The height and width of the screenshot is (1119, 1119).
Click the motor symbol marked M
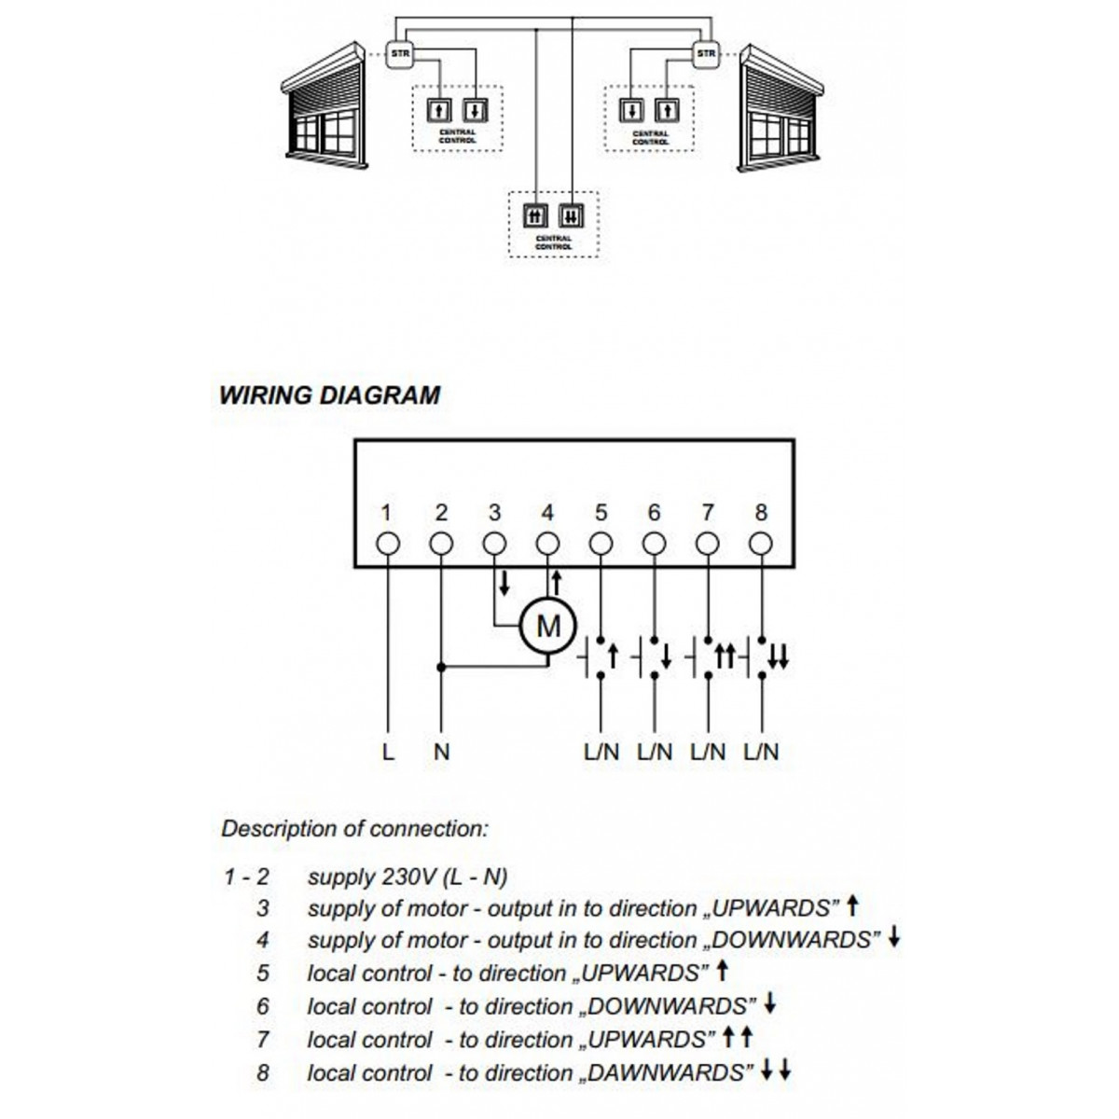coord(548,626)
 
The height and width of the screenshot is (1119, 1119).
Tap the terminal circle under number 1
coord(388,543)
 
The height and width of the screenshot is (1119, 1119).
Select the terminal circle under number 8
coord(761,543)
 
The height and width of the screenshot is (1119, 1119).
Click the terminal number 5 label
coord(601,512)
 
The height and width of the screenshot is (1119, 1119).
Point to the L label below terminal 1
coord(388,752)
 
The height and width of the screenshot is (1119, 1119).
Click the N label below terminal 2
coord(441,752)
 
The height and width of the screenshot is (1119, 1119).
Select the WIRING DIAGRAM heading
coord(329,394)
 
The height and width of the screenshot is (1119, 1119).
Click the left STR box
coord(398,53)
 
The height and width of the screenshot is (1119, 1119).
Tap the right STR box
coord(707,53)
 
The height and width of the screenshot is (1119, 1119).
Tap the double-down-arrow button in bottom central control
coord(571,216)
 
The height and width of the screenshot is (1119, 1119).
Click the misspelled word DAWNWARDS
coord(668,1072)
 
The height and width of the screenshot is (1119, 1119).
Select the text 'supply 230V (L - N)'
coord(408,877)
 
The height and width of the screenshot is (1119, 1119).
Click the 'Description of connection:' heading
coord(354,828)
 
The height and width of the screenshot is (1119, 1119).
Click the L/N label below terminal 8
coord(762,752)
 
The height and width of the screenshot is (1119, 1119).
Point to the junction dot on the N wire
coord(442,667)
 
